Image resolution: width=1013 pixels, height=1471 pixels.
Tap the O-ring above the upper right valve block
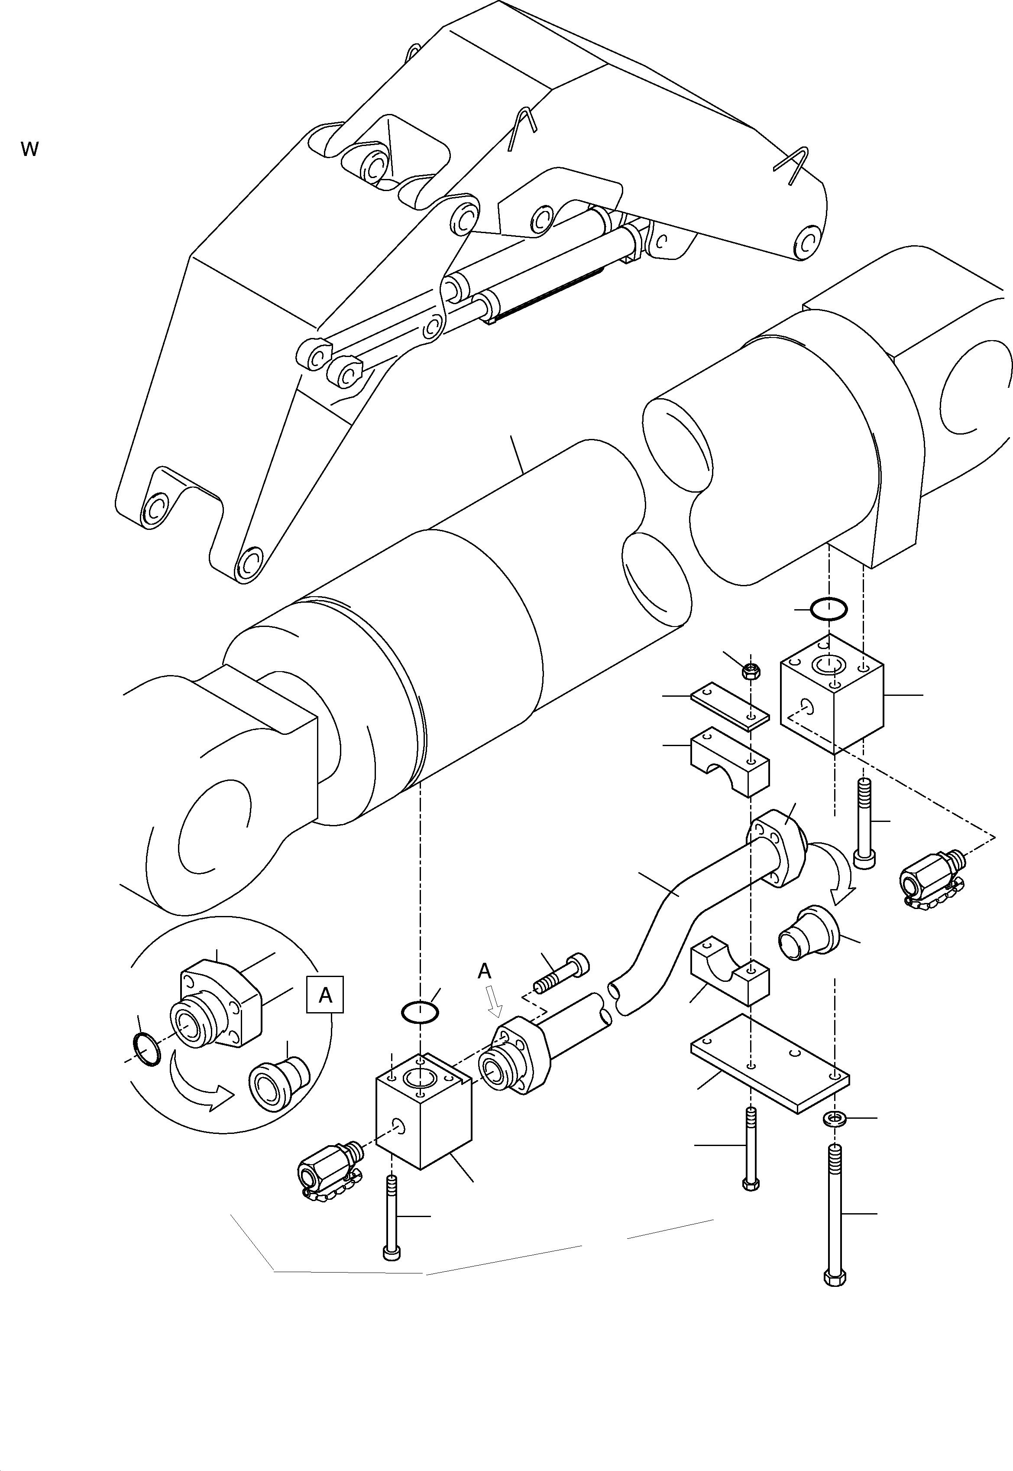point(829,610)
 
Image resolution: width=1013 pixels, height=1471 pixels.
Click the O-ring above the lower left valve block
point(420,1012)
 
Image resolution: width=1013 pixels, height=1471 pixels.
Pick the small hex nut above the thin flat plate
point(751,671)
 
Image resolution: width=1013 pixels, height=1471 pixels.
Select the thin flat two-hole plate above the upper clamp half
point(730,707)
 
